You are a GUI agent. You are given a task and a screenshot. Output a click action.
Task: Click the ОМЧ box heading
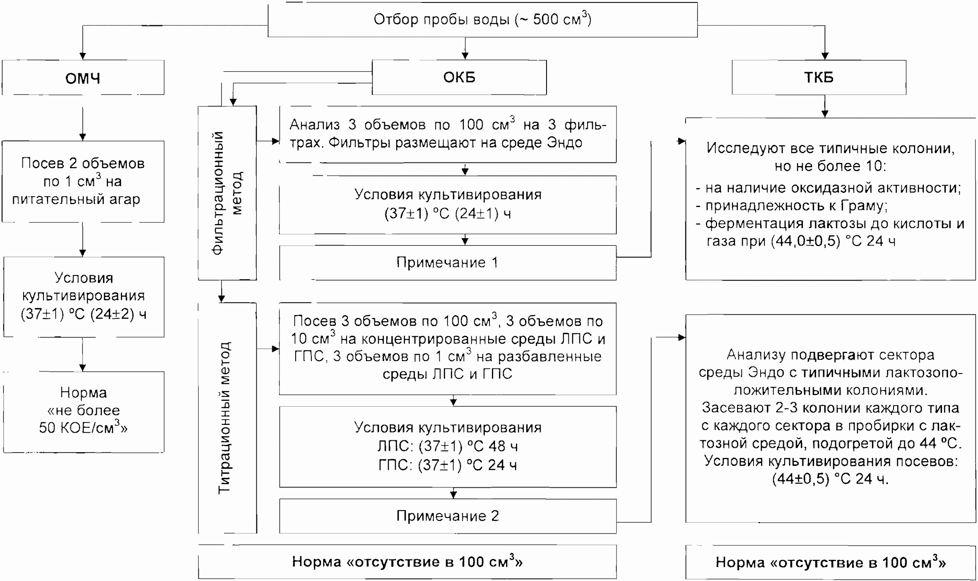pyautogui.click(x=83, y=78)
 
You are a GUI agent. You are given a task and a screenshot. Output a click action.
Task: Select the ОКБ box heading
pyautogui.click(x=459, y=77)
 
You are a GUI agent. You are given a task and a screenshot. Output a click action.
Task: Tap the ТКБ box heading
pyautogui.click(x=819, y=77)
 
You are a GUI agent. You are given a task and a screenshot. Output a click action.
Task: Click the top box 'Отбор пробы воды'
pyautogui.click(x=482, y=19)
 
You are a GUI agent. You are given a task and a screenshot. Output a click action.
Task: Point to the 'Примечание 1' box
pyautogui.click(x=448, y=263)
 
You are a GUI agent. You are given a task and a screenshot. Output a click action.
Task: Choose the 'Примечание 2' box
pyautogui.click(x=448, y=516)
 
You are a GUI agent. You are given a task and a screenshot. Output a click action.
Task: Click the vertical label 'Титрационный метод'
pyautogui.click(x=224, y=418)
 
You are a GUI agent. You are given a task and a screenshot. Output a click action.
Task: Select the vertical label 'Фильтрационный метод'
pyautogui.click(x=227, y=193)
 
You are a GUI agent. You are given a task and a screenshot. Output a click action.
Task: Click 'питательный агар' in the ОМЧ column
pyautogui.click(x=76, y=199)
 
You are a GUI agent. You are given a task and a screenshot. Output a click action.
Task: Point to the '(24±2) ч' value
pyautogui.click(x=118, y=314)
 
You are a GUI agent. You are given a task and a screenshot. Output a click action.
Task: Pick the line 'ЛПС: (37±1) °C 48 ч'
pyautogui.click(x=448, y=446)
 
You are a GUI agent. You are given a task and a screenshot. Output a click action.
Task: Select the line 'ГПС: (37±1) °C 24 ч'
pyautogui.click(x=448, y=465)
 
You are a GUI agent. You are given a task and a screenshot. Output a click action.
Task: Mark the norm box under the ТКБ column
pyautogui.click(x=831, y=562)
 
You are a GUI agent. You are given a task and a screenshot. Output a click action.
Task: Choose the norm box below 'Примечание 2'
pyautogui.click(x=407, y=562)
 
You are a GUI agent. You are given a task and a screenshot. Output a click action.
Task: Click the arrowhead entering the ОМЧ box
pyautogui.click(x=83, y=56)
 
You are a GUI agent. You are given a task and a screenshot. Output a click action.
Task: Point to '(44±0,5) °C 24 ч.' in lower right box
pyautogui.click(x=831, y=479)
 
